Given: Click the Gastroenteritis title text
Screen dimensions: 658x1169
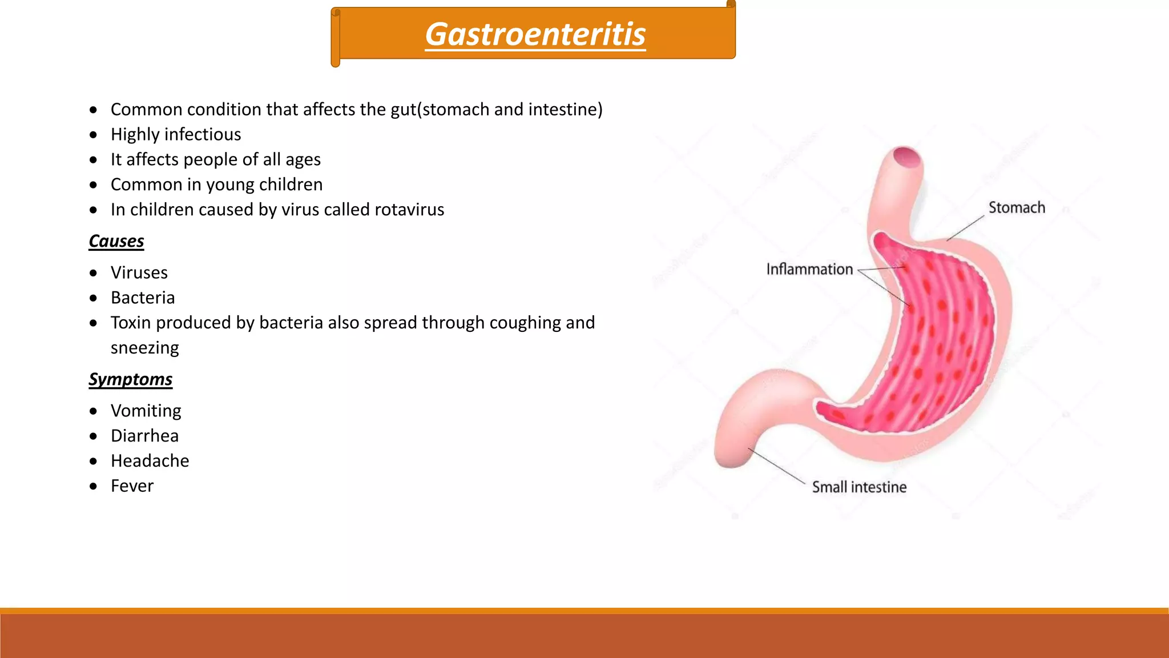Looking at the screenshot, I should pos(535,34).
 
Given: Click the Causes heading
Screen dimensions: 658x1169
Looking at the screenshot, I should pos(116,241).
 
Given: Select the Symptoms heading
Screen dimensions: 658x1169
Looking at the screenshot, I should pos(131,379).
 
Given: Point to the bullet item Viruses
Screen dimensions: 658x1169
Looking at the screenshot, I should pos(139,272).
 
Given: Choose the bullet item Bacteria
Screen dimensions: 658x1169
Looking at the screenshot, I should pos(143,298).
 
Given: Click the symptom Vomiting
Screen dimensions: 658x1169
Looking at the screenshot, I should pos(146,411).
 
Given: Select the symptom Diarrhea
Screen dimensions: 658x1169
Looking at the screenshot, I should pos(145,436).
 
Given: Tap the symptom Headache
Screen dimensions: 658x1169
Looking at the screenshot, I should pos(150,461).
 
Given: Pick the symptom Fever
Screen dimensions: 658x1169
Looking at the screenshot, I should pos(132,486).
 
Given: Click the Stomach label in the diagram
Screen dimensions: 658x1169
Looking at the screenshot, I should pos(1017,208).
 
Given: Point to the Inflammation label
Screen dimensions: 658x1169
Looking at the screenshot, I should pos(809,269).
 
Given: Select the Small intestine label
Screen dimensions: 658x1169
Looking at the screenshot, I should pos(859,487).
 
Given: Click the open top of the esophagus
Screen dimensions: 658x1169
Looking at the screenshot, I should pos(906,157).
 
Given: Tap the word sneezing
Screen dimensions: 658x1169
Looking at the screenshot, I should pos(145,348).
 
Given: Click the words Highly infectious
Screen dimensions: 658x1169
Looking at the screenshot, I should pos(176,134).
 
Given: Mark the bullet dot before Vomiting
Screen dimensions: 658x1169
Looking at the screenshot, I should pos(94,411).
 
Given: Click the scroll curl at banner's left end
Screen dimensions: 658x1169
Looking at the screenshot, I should pos(336,37).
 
